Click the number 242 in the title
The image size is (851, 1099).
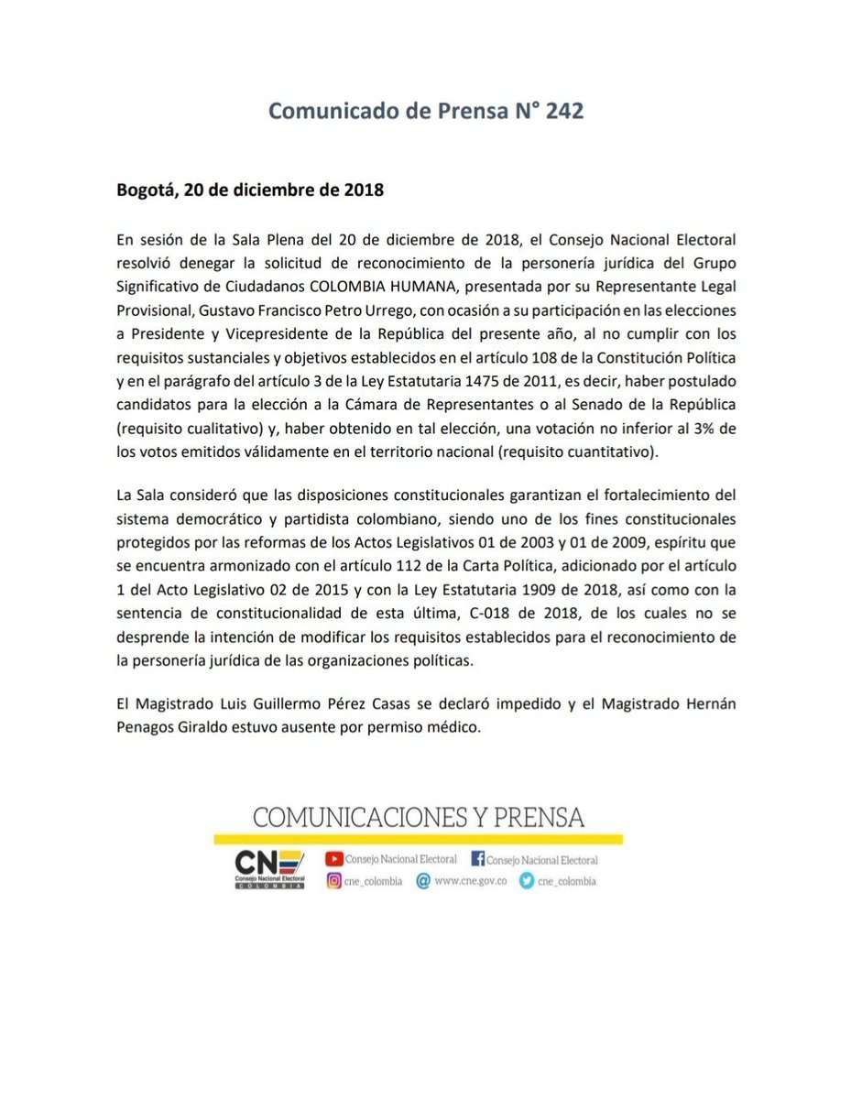[x=563, y=111]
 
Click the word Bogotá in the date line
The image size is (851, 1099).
[x=146, y=191]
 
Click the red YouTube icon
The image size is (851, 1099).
[x=334, y=859]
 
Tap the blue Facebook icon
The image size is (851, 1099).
[x=477, y=859]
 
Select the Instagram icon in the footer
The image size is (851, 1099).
[x=334, y=881]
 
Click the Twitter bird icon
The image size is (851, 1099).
[x=526, y=881]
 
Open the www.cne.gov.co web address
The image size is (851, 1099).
[x=471, y=881]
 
